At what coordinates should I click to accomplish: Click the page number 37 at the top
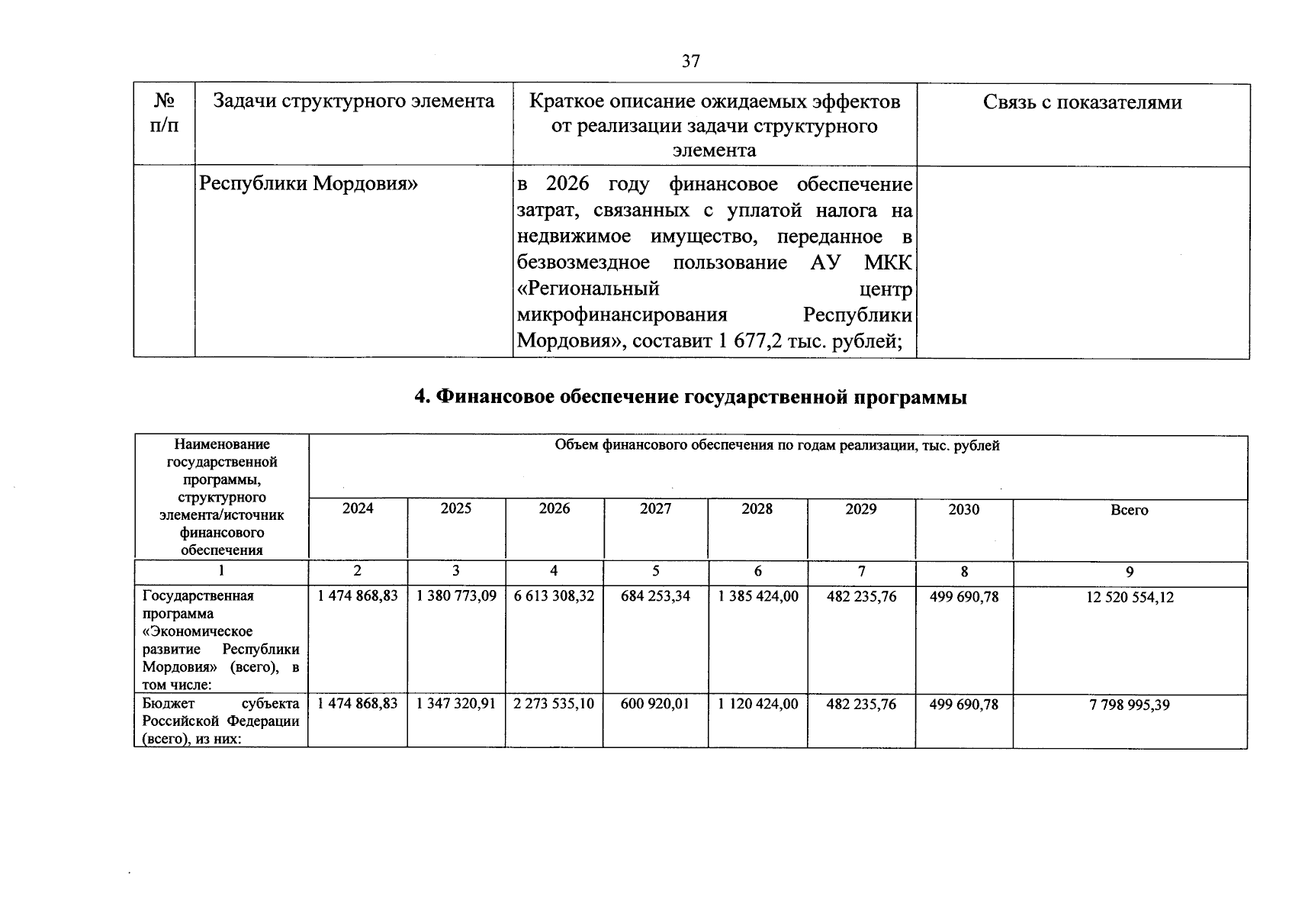coord(690,61)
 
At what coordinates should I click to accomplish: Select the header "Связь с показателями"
coord(1082,103)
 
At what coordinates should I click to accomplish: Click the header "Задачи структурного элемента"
coord(353,102)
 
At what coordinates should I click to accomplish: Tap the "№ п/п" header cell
coord(165,113)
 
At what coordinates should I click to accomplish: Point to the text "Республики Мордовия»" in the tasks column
coord(308,184)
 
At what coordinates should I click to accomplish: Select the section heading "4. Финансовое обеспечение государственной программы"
coord(690,397)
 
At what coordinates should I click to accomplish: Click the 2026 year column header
coord(554,509)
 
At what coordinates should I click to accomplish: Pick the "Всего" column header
coord(1129,510)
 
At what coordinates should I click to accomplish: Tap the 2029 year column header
coord(860,509)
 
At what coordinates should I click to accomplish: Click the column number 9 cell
coord(1129,572)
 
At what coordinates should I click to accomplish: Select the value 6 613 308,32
coord(554,596)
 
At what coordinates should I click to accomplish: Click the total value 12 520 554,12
coord(1129,598)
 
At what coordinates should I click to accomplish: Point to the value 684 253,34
coord(655,596)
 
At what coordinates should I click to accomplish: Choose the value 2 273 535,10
coord(554,704)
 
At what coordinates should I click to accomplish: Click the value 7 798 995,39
coord(1129,705)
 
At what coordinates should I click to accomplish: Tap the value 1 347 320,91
coord(455,704)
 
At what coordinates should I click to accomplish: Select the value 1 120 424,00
coord(757,704)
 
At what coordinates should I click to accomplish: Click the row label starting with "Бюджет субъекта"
coord(220,721)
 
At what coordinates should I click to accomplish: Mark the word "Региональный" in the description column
coord(587,289)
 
